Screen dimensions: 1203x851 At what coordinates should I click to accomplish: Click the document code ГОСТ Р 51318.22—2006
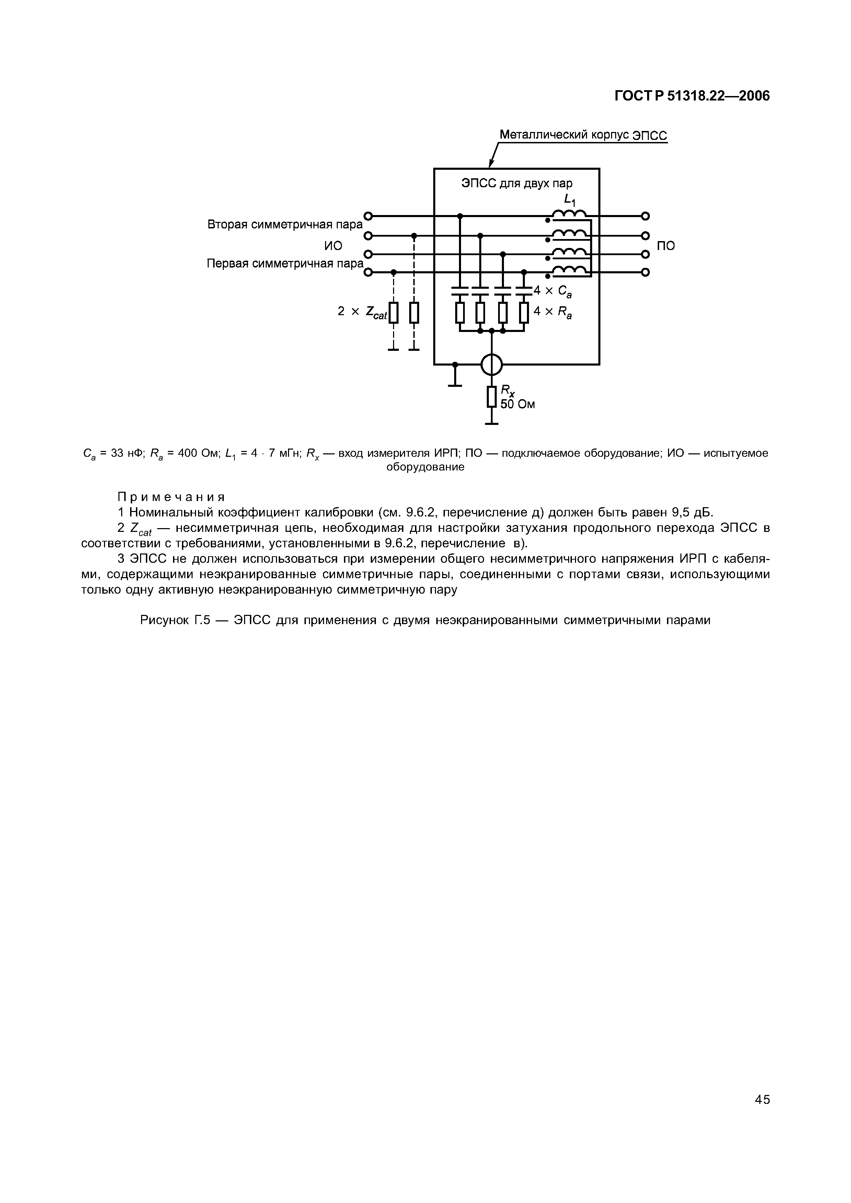click(692, 96)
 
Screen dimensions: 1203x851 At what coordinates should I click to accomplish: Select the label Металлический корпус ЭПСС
click(583, 135)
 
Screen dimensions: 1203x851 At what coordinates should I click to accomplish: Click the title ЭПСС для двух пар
click(517, 183)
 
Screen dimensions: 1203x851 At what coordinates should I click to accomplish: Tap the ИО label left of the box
click(333, 245)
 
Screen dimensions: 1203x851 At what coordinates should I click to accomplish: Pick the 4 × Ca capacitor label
click(552, 291)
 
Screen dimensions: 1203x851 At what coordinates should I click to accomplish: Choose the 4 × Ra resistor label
click(552, 312)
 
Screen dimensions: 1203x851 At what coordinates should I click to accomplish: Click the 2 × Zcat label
click(362, 312)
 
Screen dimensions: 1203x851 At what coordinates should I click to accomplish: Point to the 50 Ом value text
click(518, 404)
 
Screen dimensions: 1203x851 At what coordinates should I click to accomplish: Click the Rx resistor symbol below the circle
click(491, 397)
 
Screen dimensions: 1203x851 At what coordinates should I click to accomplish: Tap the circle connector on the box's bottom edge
click(491, 365)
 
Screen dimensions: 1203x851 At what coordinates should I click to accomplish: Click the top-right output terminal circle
click(645, 216)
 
